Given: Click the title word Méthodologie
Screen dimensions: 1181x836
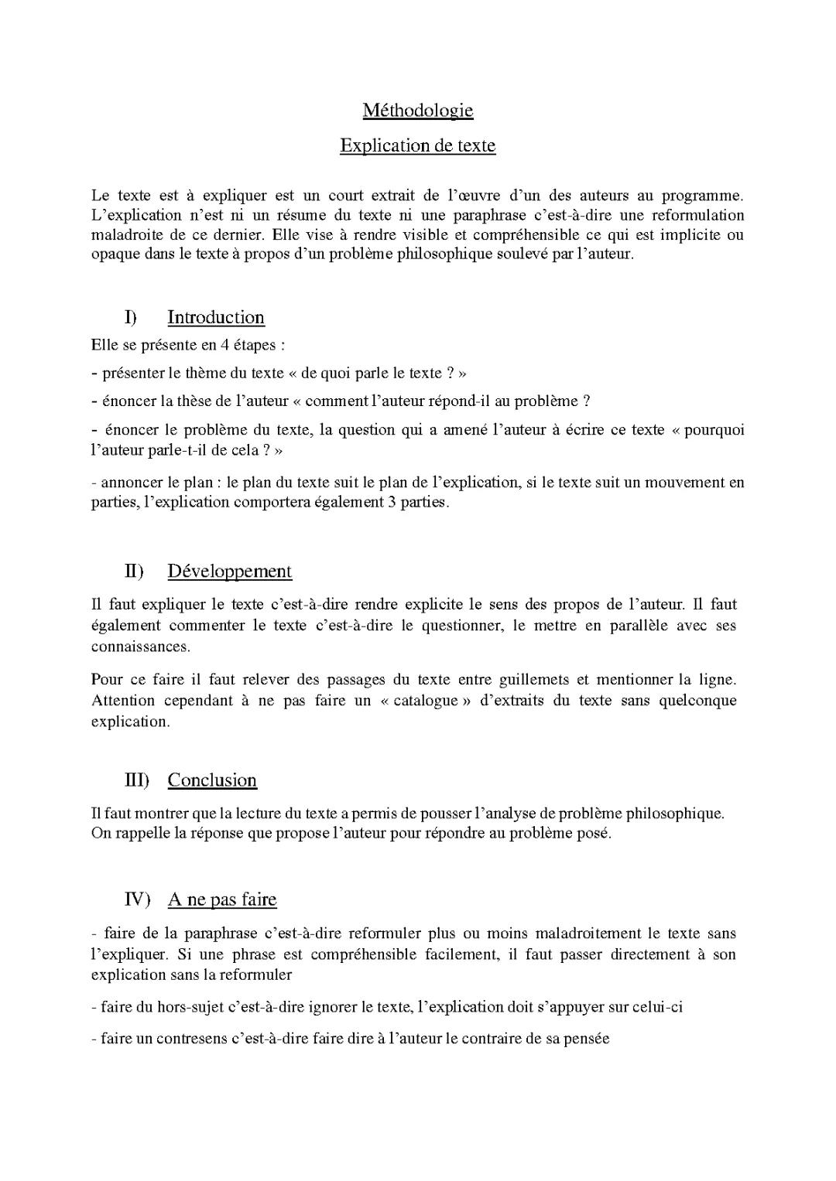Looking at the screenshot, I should [x=417, y=111].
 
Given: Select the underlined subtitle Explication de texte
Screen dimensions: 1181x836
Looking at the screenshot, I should [x=417, y=145].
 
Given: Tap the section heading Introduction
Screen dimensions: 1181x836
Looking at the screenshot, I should [x=216, y=317].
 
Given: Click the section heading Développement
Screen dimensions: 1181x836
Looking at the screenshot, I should [x=229, y=572].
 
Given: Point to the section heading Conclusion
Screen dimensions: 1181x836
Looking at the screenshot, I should [x=212, y=780].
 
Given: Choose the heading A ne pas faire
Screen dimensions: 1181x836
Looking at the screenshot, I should [x=222, y=899].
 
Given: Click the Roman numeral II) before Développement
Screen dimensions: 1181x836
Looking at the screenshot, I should [x=134, y=572].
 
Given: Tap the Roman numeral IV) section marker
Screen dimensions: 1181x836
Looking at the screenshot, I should [x=137, y=899].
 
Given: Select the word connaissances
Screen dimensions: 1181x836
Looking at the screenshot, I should [x=140, y=646].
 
